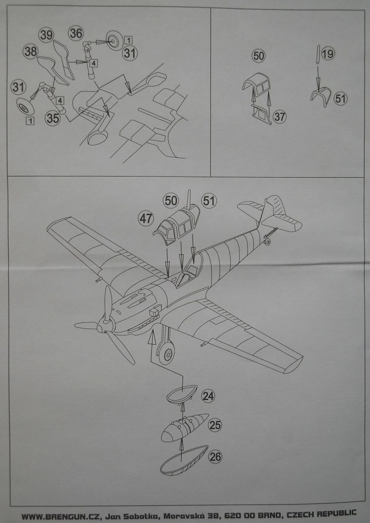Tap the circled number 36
pos(76,33)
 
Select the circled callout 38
pos(31,51)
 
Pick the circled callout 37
pos(280,116)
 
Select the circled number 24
pos(209,397)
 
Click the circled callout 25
pos(215,426)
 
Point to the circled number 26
pos(216,457)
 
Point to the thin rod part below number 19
pos(317,54)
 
